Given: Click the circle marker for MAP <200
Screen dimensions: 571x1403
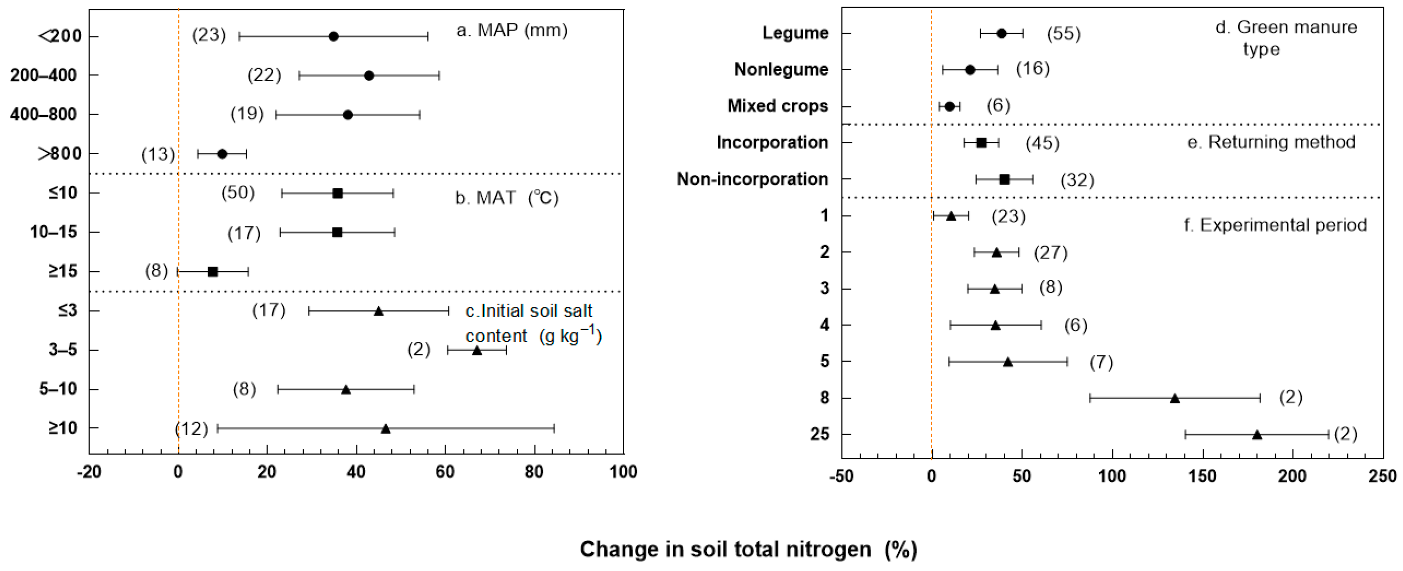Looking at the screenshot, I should coord(333,36).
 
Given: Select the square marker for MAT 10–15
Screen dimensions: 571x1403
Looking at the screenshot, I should coord(337,233).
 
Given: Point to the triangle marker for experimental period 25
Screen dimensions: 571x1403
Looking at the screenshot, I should coord(1257,434).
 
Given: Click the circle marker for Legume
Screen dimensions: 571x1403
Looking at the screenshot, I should coord(1001,34).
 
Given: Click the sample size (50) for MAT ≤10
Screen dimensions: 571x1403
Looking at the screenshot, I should coord(238,192).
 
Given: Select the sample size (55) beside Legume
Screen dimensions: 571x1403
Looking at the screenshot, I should coord(1064,34).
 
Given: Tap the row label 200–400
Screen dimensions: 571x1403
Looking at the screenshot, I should coord(44,75).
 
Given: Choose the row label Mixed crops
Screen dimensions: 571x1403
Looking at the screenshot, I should coord(778,105).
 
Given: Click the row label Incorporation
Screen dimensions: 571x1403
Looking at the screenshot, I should coord(772,143).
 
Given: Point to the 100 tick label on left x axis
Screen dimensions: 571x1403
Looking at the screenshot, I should coord(623,472).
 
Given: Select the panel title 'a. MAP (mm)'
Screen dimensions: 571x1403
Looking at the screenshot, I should coord(512,31).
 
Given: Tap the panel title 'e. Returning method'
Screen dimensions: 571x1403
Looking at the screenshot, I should coord(1271,142).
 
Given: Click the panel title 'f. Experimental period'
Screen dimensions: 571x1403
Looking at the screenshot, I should coord(1276,225).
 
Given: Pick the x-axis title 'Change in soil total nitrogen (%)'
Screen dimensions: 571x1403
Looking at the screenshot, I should coord(749,549).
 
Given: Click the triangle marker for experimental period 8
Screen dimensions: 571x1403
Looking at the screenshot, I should coord(1175,399).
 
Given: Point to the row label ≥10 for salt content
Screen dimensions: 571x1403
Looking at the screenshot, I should coord(63,428).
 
